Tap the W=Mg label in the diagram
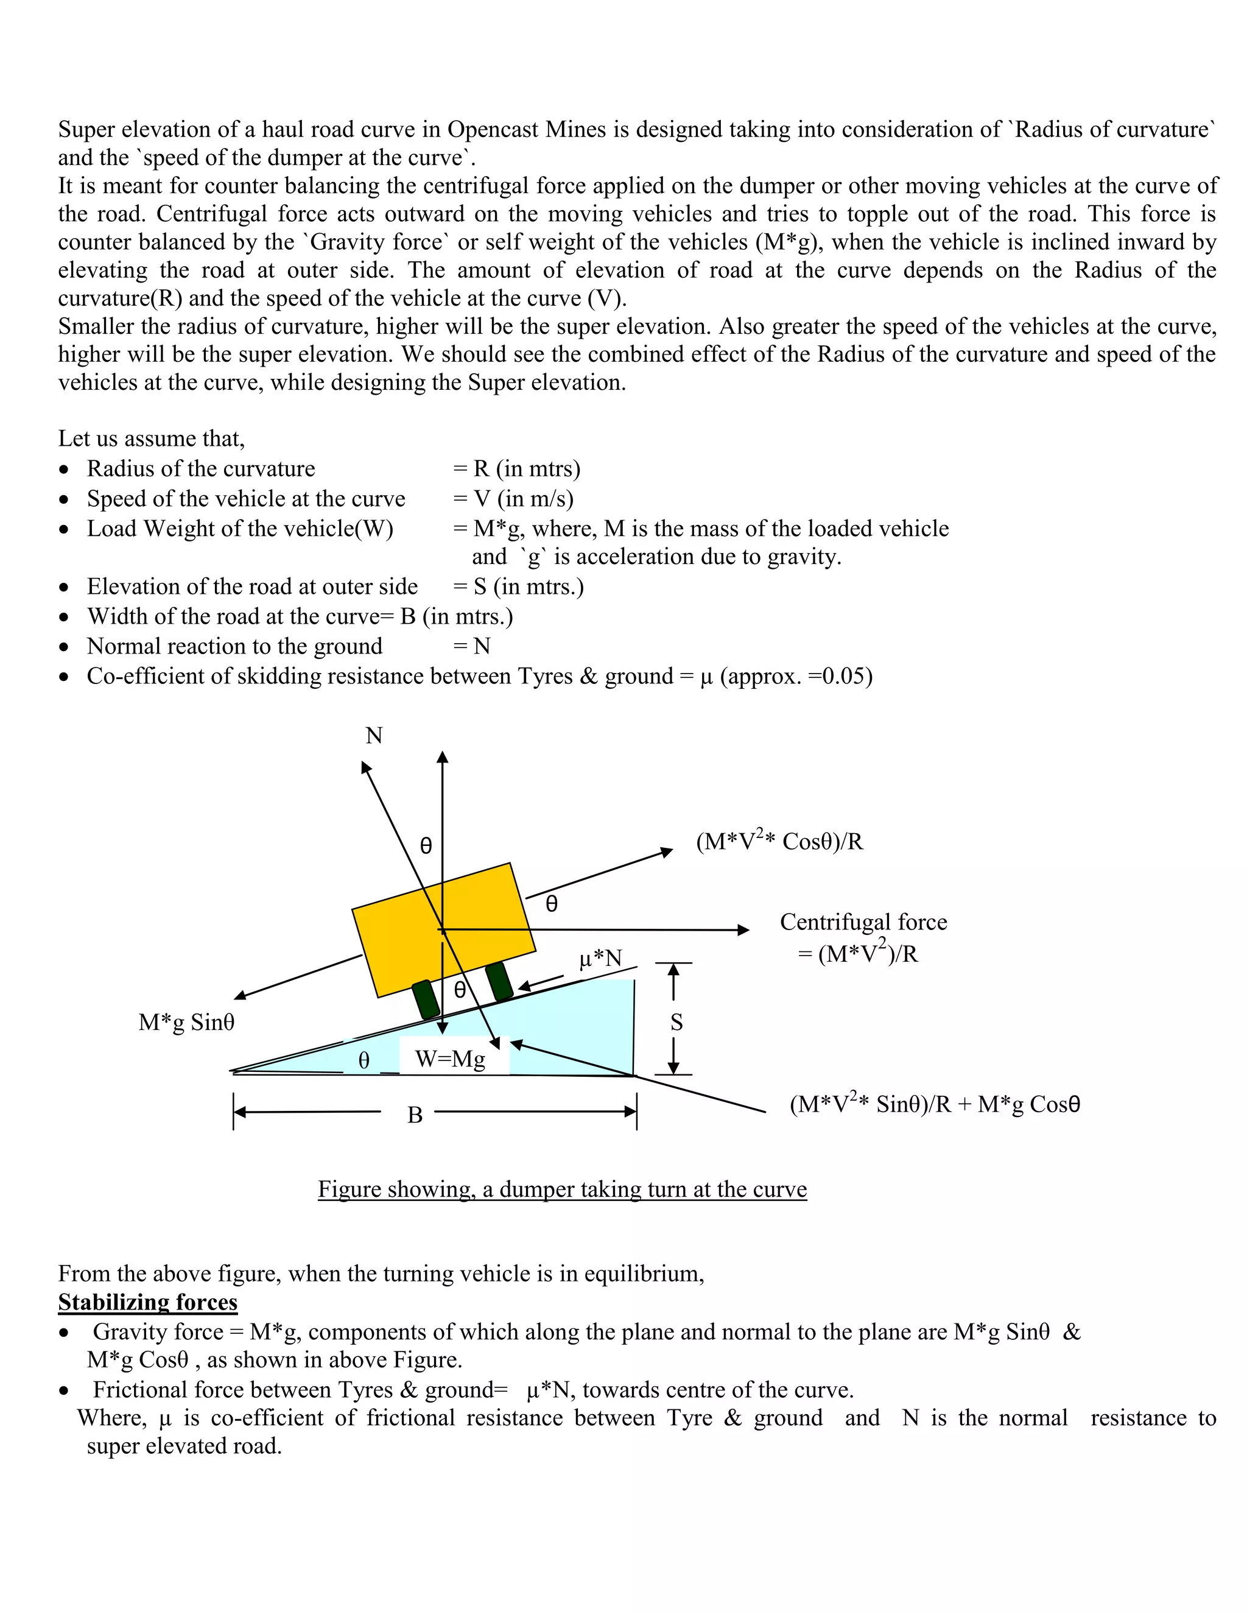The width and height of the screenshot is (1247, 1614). (x=450, y=1059)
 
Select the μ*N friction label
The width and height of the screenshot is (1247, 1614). (x=600, y=959)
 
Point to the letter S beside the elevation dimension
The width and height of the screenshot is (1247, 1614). (x=676, y=1022)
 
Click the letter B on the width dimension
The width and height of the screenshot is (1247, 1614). (x=415, y=1115)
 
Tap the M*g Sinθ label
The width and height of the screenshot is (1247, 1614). (x=186, y=1022)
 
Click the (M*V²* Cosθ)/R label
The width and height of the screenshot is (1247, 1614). (x=779, y=841)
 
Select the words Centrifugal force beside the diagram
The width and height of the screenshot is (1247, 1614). (x=863, y=922)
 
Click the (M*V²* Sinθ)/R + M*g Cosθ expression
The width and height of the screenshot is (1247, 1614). (x=935, y=1104)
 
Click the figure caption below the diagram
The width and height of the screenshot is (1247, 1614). (x=562, y=1189)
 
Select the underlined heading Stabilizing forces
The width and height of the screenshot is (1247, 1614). (x=148, y=1302)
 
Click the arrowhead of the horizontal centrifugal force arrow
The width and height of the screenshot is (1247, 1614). (x=744, y=929)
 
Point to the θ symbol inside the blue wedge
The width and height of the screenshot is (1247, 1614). (x=364, y=1060)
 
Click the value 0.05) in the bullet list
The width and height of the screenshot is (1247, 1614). (x=848, y=676)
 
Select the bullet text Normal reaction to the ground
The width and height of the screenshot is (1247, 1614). (x=235, y=646)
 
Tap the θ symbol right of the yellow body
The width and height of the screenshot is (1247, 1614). (x=551, y=904)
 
